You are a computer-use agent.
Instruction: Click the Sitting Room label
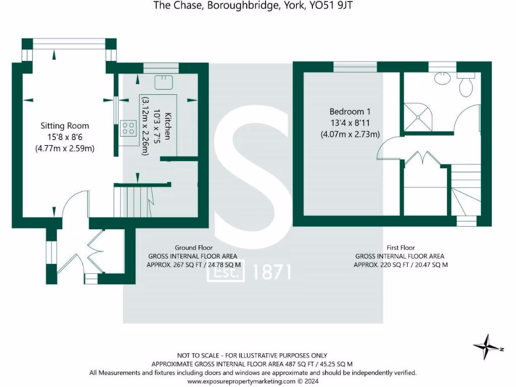(x=64, y=126)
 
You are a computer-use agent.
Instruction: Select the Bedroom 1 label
(x=350, y=111)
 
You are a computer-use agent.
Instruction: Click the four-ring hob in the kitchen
(x=128, y=128)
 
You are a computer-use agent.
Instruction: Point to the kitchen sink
(x=165, y=82)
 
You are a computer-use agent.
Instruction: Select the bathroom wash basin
(x=442, y=78)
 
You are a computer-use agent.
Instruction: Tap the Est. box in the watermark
(x=226, y=273)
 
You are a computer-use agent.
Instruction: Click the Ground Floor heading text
(x=193, y=247)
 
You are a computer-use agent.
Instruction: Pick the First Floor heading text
(x=400, y=247)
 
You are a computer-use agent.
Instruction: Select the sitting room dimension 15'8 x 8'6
(x=64, y=137)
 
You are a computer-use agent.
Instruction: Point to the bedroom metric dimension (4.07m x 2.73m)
(x=350, y=134)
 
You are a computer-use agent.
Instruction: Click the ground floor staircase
(x=133, y=201)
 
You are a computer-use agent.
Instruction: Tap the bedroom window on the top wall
(x=355, y=67)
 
